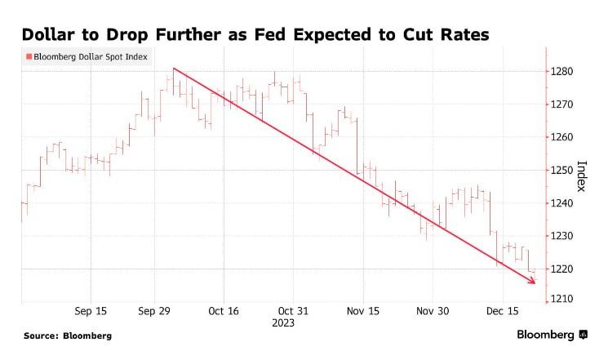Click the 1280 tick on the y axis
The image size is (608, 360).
pos(564,72)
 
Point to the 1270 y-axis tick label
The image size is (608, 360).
pos(564,104)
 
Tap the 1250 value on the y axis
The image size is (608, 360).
pos(564,170)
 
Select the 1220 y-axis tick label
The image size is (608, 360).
pos(564,269)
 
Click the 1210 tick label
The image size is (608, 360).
pos(564,300)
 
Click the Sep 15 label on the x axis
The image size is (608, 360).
pos(91,311)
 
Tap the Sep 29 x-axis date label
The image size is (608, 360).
pos(154,311)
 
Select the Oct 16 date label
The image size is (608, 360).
pos(224,311)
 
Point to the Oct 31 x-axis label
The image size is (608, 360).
pos(293,311)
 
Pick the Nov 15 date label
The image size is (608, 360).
pos(363,311)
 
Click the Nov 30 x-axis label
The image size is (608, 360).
pos(433,311)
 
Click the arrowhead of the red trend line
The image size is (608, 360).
pos(534,282)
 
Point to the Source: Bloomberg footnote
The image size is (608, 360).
pos(68,336)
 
